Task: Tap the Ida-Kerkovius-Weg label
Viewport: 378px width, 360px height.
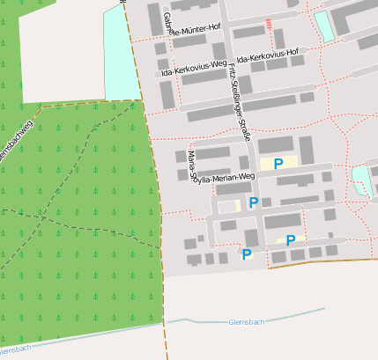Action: (189, 68)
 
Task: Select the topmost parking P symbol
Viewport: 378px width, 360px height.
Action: (278, 164)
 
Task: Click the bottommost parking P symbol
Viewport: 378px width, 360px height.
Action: (247, 254)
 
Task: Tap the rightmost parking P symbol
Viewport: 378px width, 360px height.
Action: (290, 239)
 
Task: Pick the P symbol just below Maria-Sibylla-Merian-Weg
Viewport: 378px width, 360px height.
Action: (254, 202)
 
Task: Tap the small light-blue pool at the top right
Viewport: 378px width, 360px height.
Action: (324, 26)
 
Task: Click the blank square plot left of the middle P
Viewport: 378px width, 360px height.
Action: (229, 206)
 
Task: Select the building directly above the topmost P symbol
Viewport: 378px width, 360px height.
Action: (275, 144)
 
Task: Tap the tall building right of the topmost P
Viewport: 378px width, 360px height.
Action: (307, 150)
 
